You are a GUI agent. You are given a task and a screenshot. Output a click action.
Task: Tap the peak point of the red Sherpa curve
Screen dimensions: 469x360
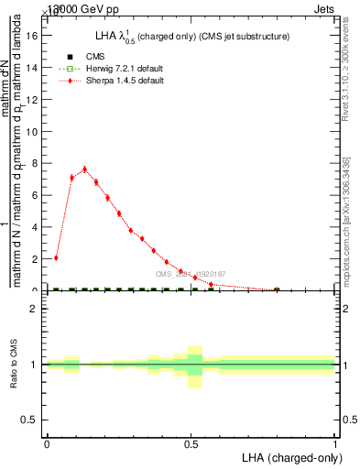click(x=84, y=169)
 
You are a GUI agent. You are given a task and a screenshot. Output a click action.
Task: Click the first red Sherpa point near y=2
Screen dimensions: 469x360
click(x=56, y=258)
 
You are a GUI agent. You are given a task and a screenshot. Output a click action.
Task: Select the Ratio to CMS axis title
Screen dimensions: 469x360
click(x=15, y=364)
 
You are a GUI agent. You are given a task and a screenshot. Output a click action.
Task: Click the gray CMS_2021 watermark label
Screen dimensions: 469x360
click(x=191, y=274)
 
